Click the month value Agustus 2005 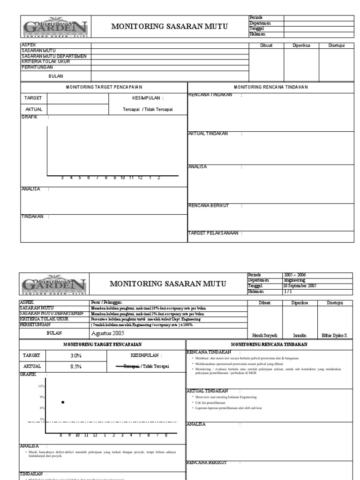pyautogui.click(x=108, y=333)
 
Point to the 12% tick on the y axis pyautogui.click(x=41, y=386)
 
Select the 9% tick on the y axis pyautogui.click(x=42, y=397)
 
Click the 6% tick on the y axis pyautogui.click(x=42, y=408)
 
